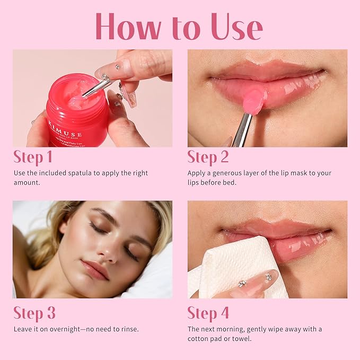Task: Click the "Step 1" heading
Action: click(33, 157)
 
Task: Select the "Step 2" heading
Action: click(208, 157)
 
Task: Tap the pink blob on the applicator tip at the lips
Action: click(256, 101)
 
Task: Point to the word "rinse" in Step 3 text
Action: click(127, 329)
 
